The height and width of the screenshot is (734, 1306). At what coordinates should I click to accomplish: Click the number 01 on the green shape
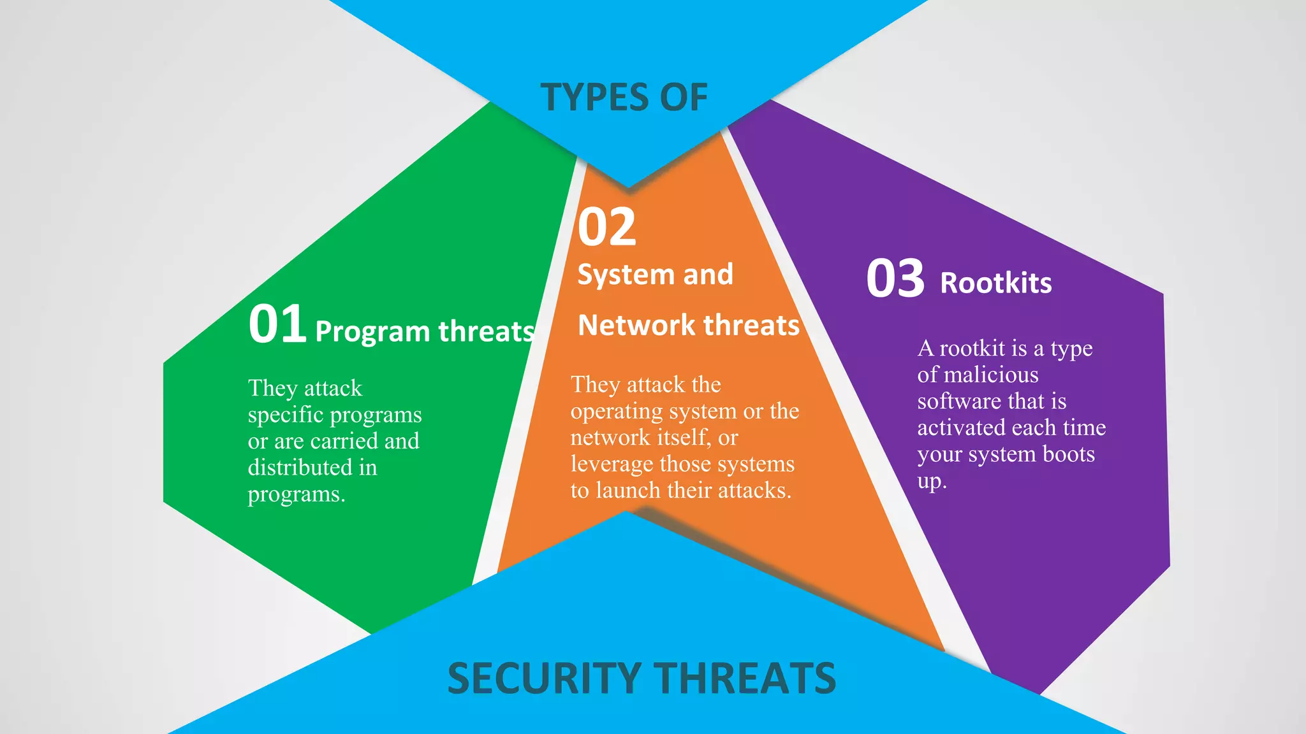coord(277,324)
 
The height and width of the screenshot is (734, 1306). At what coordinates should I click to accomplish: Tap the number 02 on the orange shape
coord(606,227)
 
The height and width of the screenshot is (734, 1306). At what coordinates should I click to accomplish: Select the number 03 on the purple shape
coord(895,278)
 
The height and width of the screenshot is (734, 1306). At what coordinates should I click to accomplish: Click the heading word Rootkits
coord(995,283)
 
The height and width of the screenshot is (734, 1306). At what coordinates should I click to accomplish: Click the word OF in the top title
coord(684,97)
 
